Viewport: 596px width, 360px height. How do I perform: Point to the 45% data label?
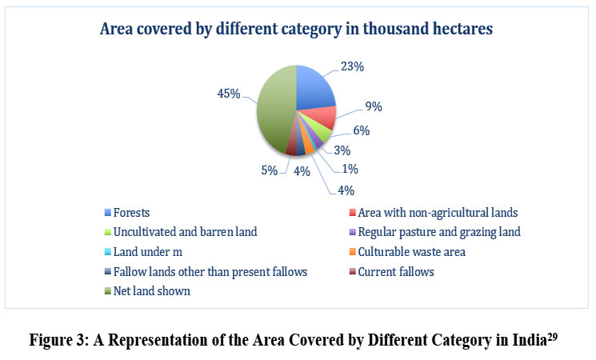pyautogui.click(x=228, y=94)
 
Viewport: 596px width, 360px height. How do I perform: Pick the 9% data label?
pyautogui.click(x=372, y=106)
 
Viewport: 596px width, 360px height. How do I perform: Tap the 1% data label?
pyautogui.click(x=350, y=169)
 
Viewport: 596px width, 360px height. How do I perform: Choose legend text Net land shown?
pyautogui.click(x=157, y=291)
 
